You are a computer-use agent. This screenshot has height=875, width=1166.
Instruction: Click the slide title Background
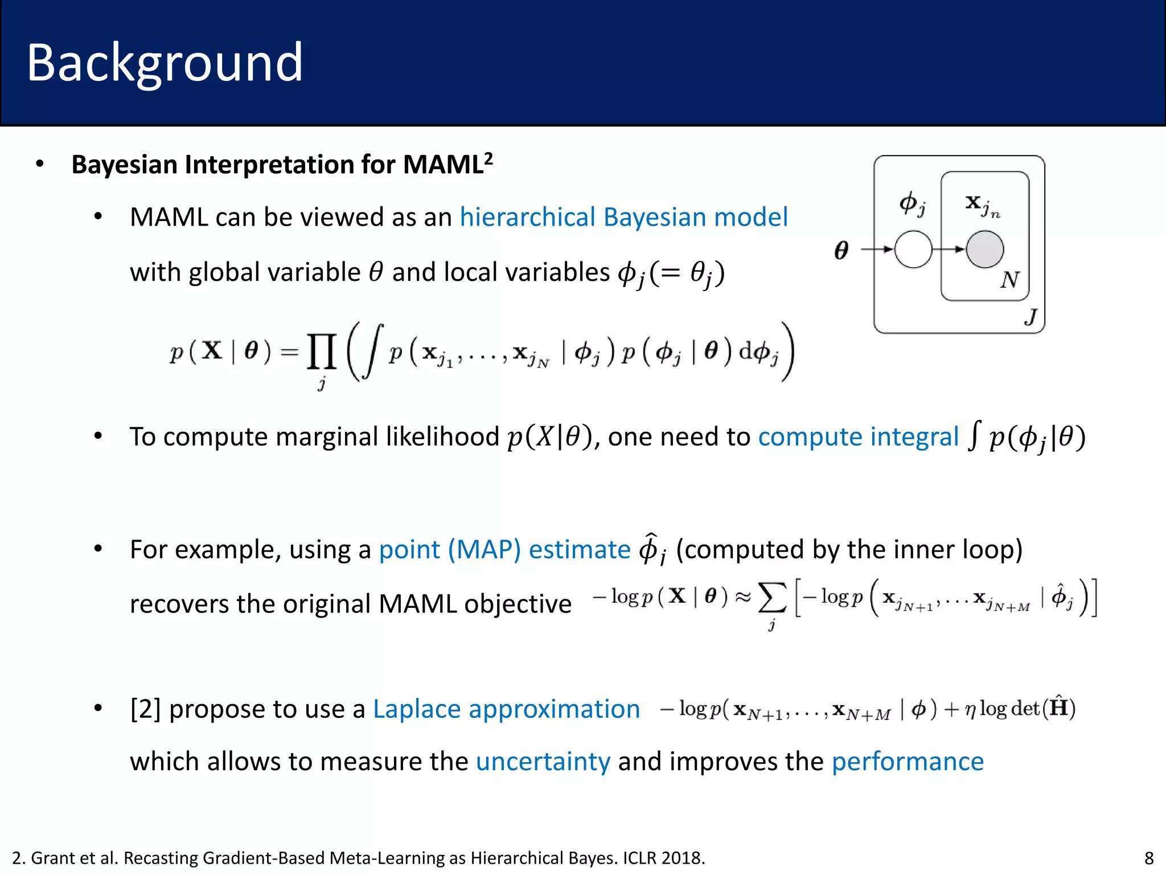tap(165, 63)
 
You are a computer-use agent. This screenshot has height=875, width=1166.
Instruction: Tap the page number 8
tap(1149, 858)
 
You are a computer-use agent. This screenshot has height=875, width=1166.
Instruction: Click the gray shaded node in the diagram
tap(984, 249)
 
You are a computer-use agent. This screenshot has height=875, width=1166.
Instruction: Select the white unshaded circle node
tap(913, 249)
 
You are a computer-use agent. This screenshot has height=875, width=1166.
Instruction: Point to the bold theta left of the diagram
tap(841, 250)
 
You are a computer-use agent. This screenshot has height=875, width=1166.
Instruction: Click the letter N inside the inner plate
tap(1009, 280)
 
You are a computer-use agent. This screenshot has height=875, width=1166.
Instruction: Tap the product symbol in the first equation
tap(322, 352)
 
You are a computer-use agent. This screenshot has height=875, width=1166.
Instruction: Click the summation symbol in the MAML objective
tap(772, 598)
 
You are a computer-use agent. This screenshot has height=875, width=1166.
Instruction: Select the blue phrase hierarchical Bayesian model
tap(623, 217)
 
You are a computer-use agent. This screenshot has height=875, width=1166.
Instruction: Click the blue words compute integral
tap(858, 437)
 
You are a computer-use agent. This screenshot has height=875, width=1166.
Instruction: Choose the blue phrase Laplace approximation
tap(506, 709)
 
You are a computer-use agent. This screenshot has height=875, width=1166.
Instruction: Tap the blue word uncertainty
tap(543, 762)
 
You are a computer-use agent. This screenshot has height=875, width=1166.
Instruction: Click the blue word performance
tap(908, 762)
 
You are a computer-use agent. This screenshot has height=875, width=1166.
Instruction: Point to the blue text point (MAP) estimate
tap(504, 550)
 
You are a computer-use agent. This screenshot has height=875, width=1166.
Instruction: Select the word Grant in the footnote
tap(52, 858)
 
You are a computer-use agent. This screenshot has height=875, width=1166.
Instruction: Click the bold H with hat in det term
tap(1058, 708)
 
